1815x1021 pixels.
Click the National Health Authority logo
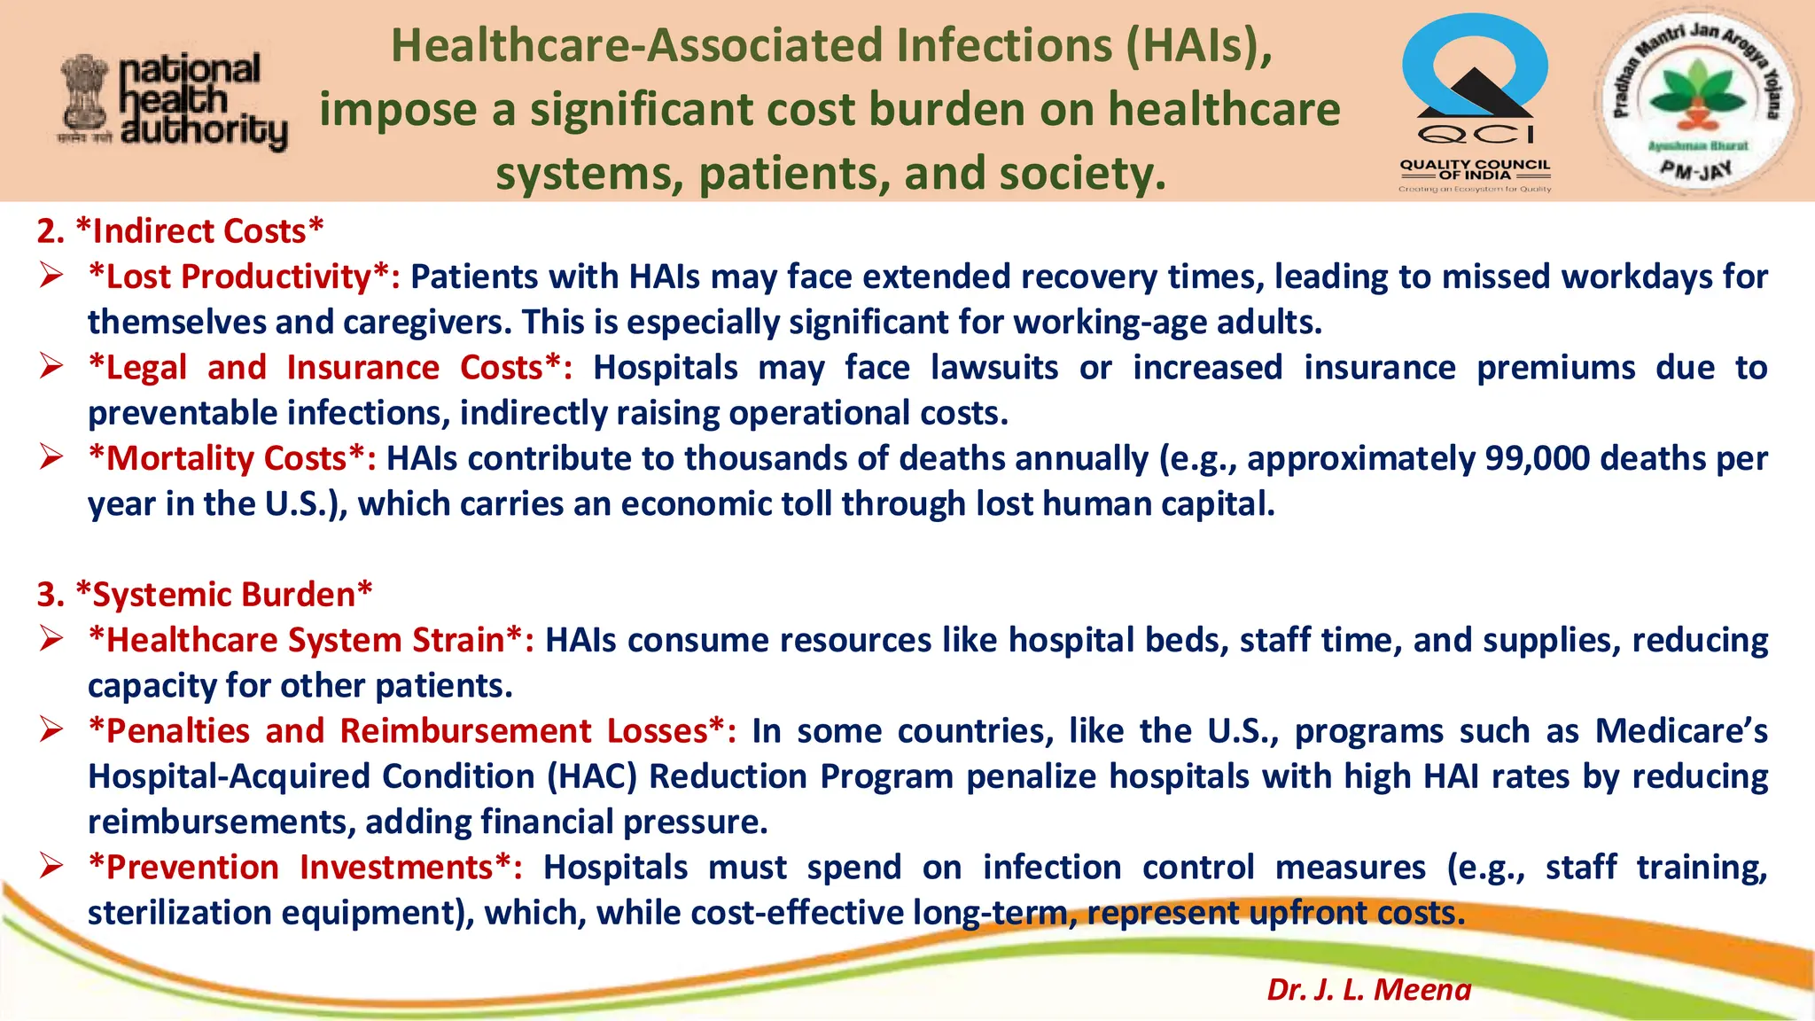(173, 102)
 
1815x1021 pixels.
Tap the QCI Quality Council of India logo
(1475, 102)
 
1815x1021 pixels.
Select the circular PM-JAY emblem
(1694, 102)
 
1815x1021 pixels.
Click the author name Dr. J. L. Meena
(1368, 989)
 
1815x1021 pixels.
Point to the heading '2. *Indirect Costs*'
(180, 231)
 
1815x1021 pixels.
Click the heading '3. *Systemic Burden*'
(205, 595)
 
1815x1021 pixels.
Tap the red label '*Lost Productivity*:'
(244, 277)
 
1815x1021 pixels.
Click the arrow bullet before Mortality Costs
(51, 457)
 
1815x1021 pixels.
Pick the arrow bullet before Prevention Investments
(51, 866)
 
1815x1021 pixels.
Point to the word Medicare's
(1680, 731)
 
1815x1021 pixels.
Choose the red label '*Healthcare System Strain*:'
(311, 640)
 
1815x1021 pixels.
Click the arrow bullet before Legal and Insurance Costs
(51, 366)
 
